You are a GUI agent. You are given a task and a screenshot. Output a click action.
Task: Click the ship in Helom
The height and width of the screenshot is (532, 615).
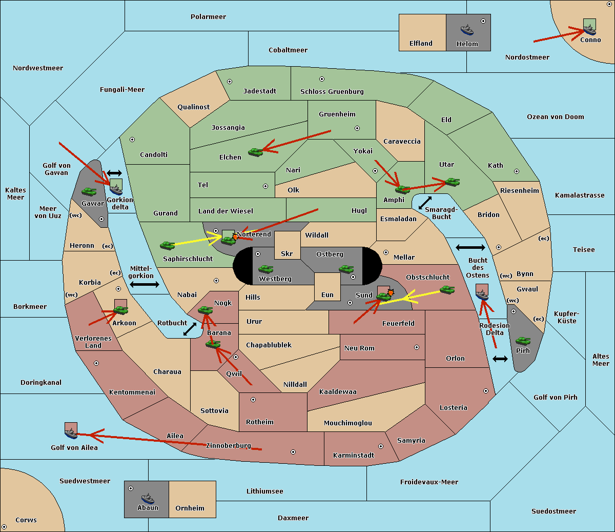[x=467, y=30]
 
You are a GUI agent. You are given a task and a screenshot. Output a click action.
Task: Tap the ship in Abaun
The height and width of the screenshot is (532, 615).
[x=148, y=498]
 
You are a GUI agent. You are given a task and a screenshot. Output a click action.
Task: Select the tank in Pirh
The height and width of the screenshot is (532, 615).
[x=523, y=341]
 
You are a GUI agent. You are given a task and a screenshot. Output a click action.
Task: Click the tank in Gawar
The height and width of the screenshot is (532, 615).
[x=89, y=191]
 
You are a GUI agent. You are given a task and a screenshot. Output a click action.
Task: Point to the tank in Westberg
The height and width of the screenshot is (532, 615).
[x=265, y=269]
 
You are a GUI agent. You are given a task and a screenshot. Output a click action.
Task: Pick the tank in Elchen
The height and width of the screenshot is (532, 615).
[x=256, y=152]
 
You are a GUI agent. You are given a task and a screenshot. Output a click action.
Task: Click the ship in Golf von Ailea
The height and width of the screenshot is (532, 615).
[x=71, y=433]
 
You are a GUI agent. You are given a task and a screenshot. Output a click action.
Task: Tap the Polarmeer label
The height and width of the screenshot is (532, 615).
[x=208, y=17]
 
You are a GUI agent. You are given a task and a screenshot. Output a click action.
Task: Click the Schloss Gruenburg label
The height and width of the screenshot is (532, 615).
[x=332, y=91]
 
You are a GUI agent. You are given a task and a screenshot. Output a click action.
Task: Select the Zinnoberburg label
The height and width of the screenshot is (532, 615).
[x=229, y=446]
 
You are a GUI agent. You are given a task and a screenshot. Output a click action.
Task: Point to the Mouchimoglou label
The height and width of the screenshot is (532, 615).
[x=348, y=423]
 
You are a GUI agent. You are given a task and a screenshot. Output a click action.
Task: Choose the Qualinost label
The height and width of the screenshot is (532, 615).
[x=193, y=107]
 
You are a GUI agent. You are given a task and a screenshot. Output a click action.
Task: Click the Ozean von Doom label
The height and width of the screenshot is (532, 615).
[x=556, y=117]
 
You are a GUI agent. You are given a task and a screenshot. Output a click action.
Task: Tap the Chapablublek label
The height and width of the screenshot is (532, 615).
[x=269, y=345]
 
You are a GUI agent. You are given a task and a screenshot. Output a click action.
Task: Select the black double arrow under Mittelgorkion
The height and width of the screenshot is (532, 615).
[x=145, y=285]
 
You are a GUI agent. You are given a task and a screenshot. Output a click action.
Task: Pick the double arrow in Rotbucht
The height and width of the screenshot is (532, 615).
[x=190, y=329]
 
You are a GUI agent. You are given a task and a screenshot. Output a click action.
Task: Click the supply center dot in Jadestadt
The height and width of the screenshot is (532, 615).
[x=230, y=82]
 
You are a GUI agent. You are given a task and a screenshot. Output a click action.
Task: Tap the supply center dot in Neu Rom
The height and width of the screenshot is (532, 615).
[x=417, y=347]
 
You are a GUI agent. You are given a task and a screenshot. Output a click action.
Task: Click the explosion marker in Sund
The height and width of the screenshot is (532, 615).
[x=391, y=292]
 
